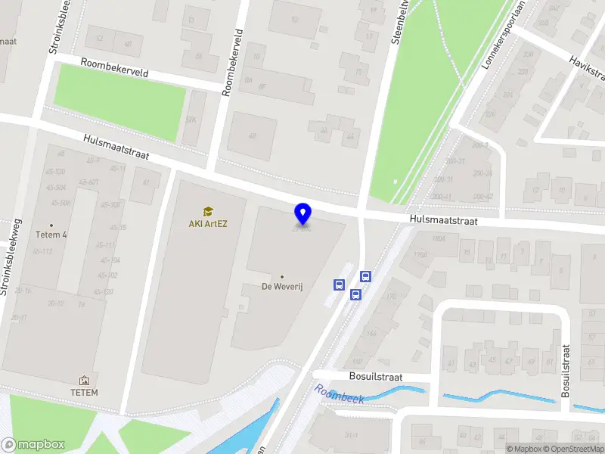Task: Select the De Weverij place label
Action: [x=282, y=287]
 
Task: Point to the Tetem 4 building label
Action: [x=51, y=235]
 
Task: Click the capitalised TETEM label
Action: [x=84, y=392]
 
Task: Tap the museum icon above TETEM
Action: [x=84, y=381]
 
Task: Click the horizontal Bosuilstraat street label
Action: [x=376, y=376]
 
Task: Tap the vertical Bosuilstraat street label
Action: [x=565, y=372]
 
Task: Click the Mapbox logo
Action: [x=33, y=444]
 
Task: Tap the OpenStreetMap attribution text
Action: [x=572, y=449]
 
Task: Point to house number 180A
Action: [x=439, y=239]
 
